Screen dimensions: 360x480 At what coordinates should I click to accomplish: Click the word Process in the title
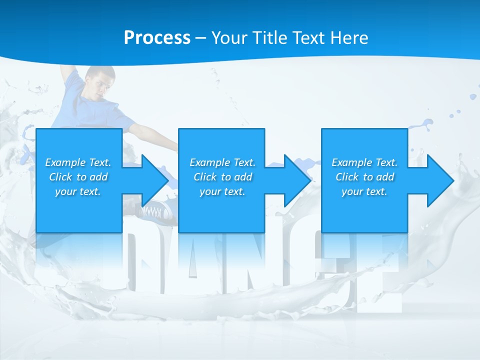pyautogui.click(x=157, y=38)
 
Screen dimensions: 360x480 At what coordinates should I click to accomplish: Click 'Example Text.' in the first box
pyautogui.click(x=78, y=162)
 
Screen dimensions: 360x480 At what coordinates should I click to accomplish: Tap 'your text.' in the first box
pyautogui.click(x=78, y=191)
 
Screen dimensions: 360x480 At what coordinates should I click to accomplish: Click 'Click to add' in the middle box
pyautogui.click(x=222, y=177)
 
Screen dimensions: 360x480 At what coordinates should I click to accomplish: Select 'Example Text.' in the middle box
pyautogui.click(x=222, y=162)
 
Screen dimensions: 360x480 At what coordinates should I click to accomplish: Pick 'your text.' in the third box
pyautogui.click(x=364, y=191)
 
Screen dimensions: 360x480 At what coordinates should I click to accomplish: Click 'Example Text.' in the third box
pyautogui.click(x=364, y=162)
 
